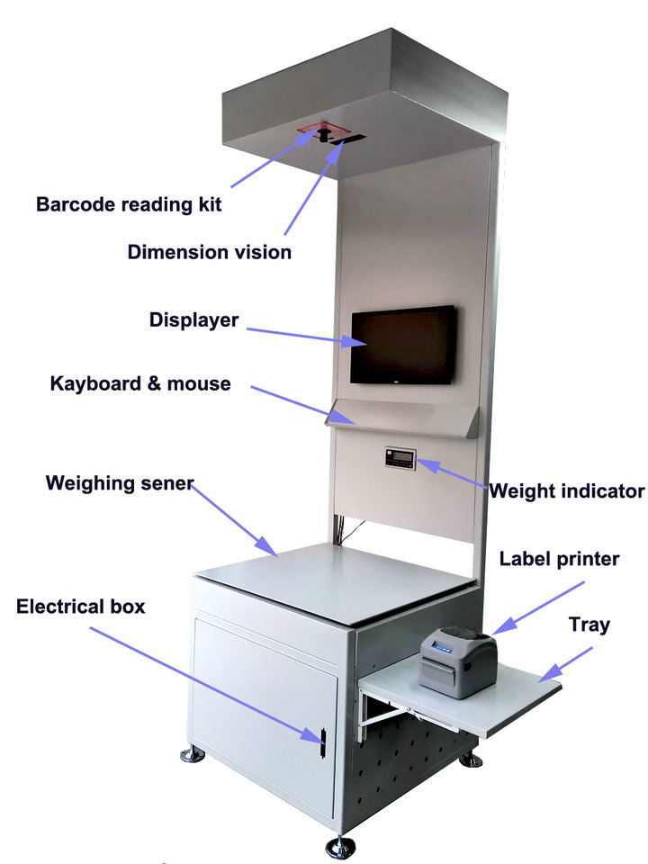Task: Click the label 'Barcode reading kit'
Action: click(129, 204)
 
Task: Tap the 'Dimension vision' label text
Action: click(210, 252)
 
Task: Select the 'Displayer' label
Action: click(193, 320)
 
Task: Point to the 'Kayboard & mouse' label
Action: click(140, 384)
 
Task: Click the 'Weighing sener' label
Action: click(120, 483)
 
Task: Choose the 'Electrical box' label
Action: click(81, 606)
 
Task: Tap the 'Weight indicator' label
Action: click(566, 491)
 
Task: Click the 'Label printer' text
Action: click(559, 559)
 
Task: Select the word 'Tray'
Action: click(589, 625)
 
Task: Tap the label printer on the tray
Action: click(458, 661)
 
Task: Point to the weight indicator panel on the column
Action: click(400, 459)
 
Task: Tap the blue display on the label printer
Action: click(446, 644)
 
